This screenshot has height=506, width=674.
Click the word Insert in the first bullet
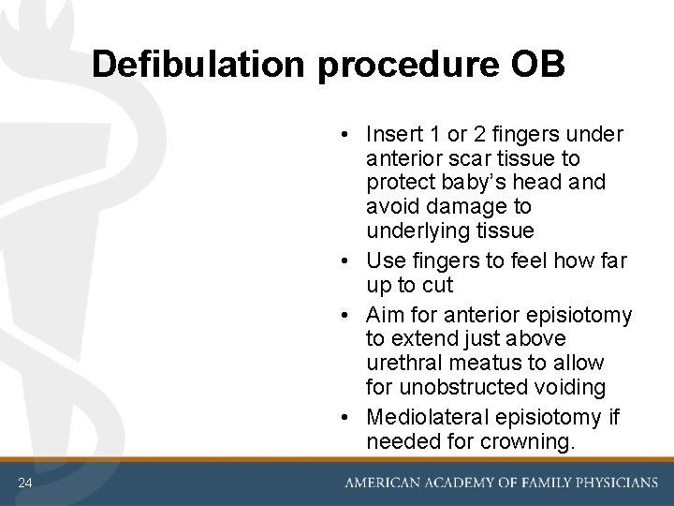tap(393, 134)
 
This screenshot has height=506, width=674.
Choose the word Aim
tap(386, 314)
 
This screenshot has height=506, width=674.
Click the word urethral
tap(404, 363)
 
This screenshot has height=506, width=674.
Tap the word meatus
tap(490, 363)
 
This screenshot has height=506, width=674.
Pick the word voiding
tap(573, 387)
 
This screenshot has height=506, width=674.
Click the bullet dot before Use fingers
tap(346, 260)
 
